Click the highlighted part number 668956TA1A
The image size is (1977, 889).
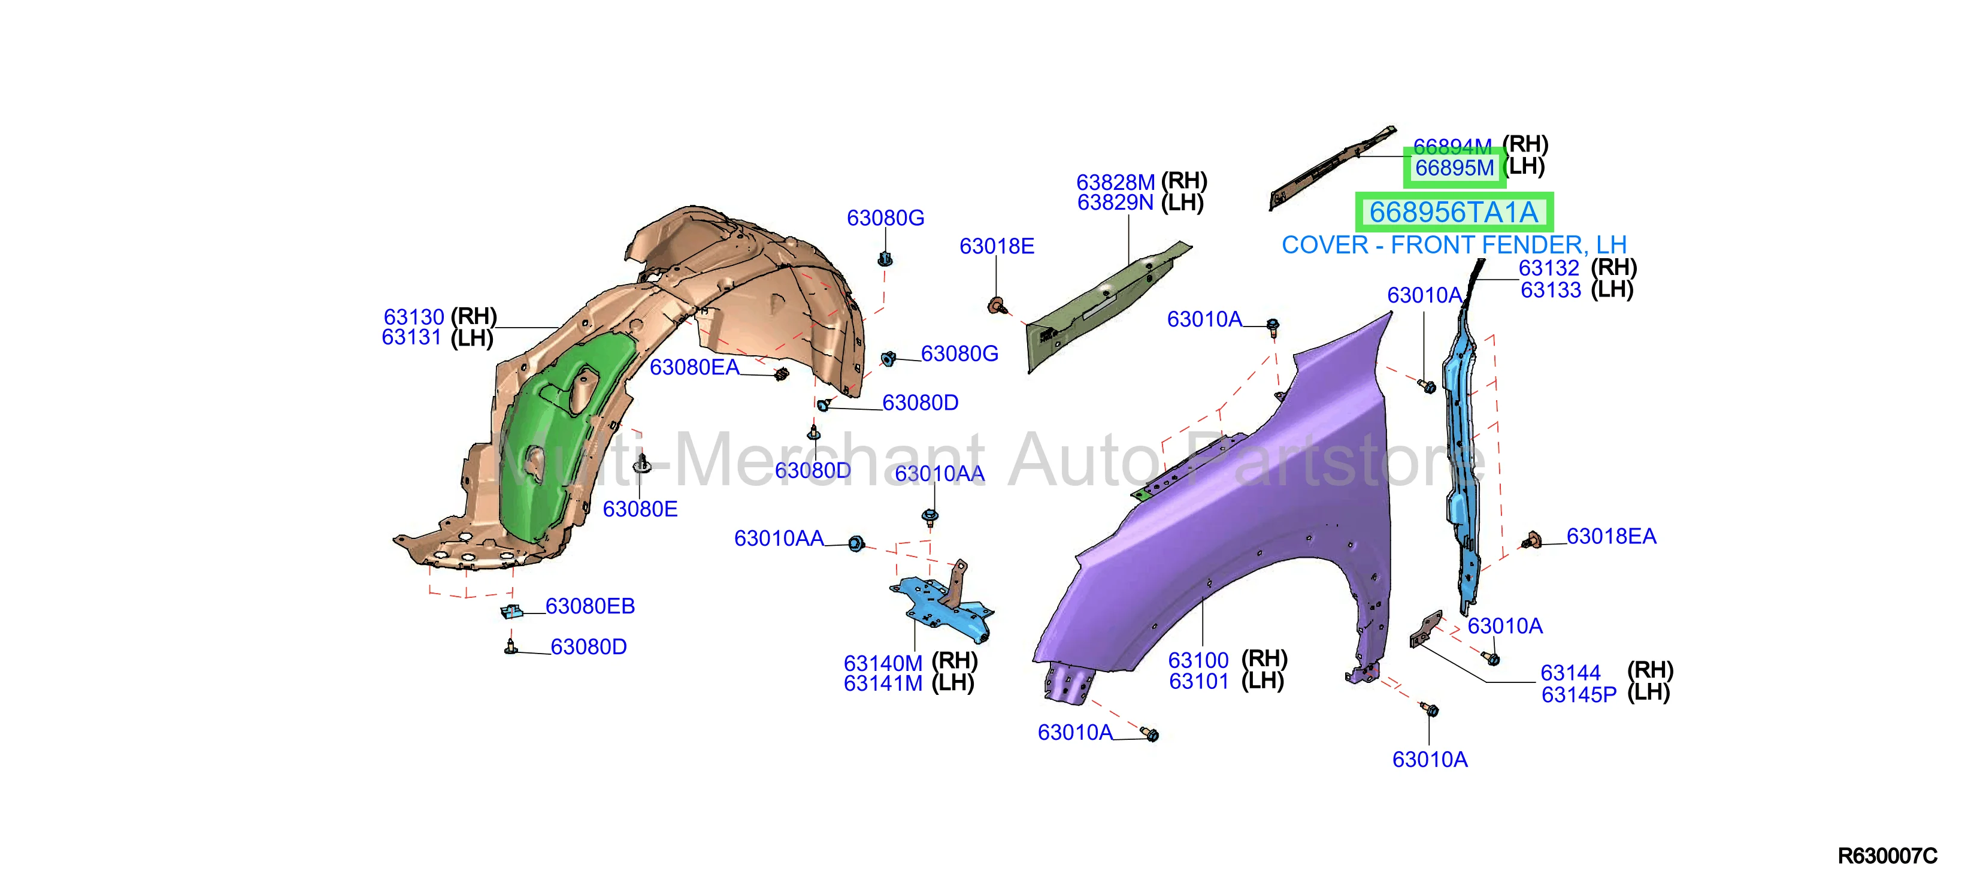1454,213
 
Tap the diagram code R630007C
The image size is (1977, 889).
1887,856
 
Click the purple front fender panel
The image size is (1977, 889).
1243,522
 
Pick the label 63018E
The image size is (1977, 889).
997,246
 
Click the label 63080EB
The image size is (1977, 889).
590,606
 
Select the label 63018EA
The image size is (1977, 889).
1611,537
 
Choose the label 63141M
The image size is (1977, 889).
883,684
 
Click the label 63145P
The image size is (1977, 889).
1579,695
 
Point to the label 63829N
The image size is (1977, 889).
1115,202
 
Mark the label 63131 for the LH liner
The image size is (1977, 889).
411,338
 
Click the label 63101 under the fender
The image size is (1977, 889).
1199,682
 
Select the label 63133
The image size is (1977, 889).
1551,290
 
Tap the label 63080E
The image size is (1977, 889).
640,510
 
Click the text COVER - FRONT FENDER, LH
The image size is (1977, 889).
1454,246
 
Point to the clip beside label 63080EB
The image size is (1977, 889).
512,611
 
